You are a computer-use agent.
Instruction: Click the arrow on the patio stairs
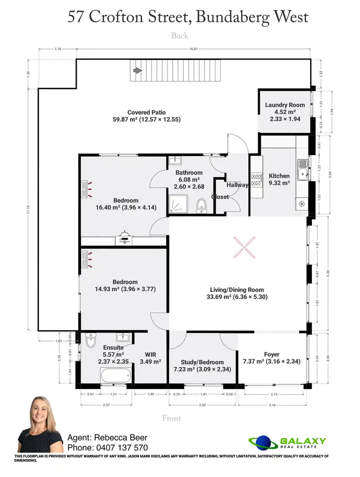pyautogui.click(x=137, y=71)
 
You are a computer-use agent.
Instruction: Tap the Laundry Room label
pyautogui.click(x=285, y=105)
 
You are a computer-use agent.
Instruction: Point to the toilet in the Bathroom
pyautogui.click(x=201, y=205)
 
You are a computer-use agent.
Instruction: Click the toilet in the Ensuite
pyautogui.click(x=90, y=341)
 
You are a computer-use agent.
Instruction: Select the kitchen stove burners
pyautogui.click(x=256, y=179)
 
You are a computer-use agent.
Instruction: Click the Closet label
pyautogui.click(x=220, y=197)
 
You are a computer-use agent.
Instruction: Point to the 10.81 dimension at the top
pyautogui.click(x=194, y=49)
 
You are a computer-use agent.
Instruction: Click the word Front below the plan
pyautogui.click(x=171, y=418)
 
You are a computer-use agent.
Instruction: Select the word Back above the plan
pyautogui.click(x=180, y=36)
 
